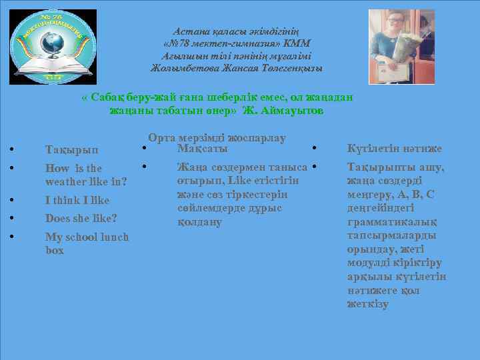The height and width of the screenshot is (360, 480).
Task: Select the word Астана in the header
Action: coord(191,31)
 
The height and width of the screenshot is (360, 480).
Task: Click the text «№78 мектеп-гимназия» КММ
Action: coord(237,43)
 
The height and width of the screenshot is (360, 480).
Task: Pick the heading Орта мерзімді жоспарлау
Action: coord(217,138)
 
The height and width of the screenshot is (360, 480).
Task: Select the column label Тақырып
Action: coord(71,150)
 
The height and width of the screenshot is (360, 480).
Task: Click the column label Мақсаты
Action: coord(203,147)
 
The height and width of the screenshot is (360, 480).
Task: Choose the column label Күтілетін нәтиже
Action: coord(395,149)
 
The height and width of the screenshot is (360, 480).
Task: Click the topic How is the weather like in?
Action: coord(86,175)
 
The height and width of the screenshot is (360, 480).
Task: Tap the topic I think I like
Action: coord(77,200)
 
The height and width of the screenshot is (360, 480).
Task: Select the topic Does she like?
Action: coord(81,218)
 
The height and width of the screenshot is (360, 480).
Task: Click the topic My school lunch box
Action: coord(87,243)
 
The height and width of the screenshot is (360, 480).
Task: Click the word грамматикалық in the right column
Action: coord(387,222)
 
